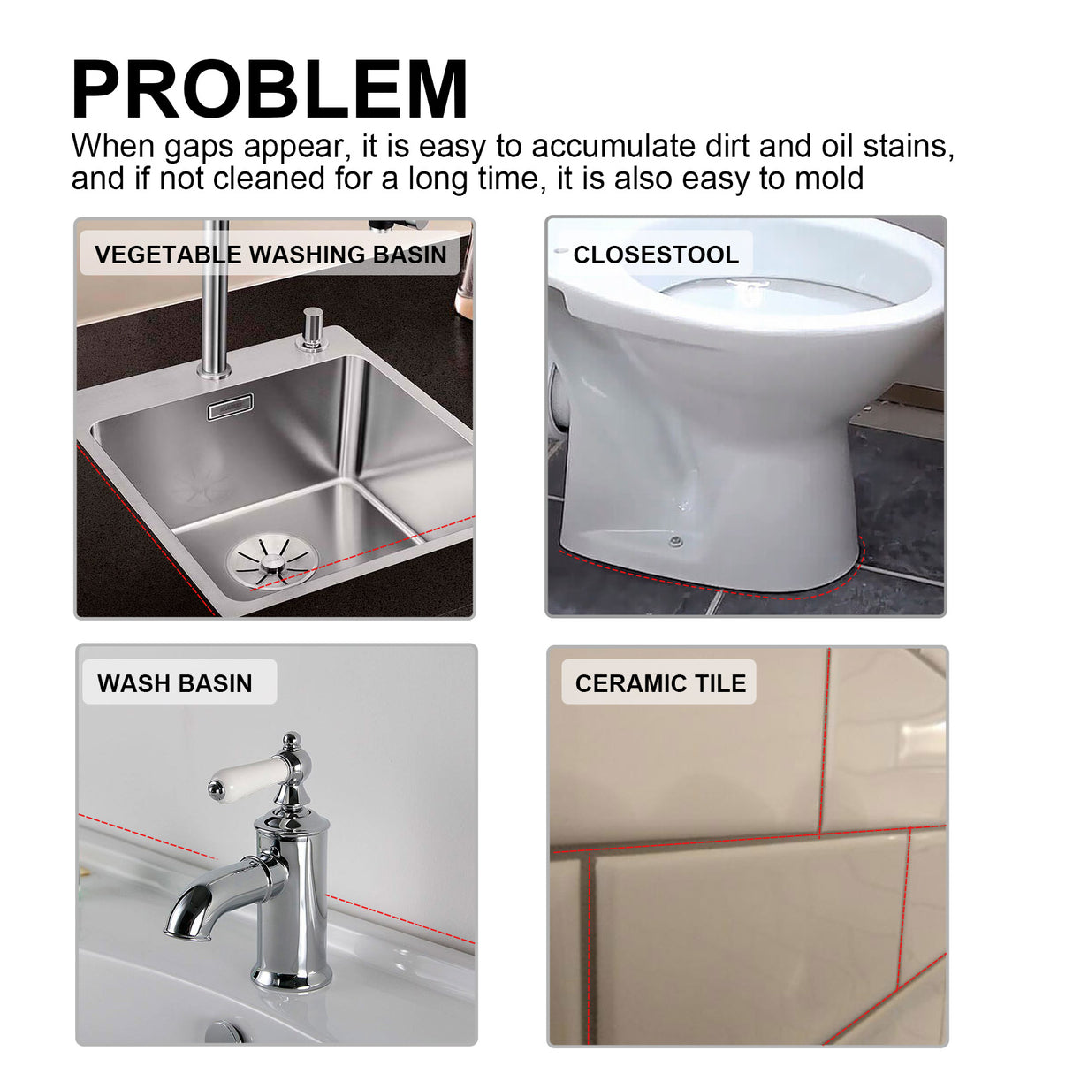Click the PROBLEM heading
[270, 90]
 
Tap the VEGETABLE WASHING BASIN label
[270, 255]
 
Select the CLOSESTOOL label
[655, 255]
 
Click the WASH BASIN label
[175, 683]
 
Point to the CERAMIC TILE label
[660, 683]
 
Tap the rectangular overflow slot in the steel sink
[230, 407]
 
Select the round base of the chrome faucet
[292, 976]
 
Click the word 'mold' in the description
[829, 179]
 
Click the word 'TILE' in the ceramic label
[720, 683]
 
